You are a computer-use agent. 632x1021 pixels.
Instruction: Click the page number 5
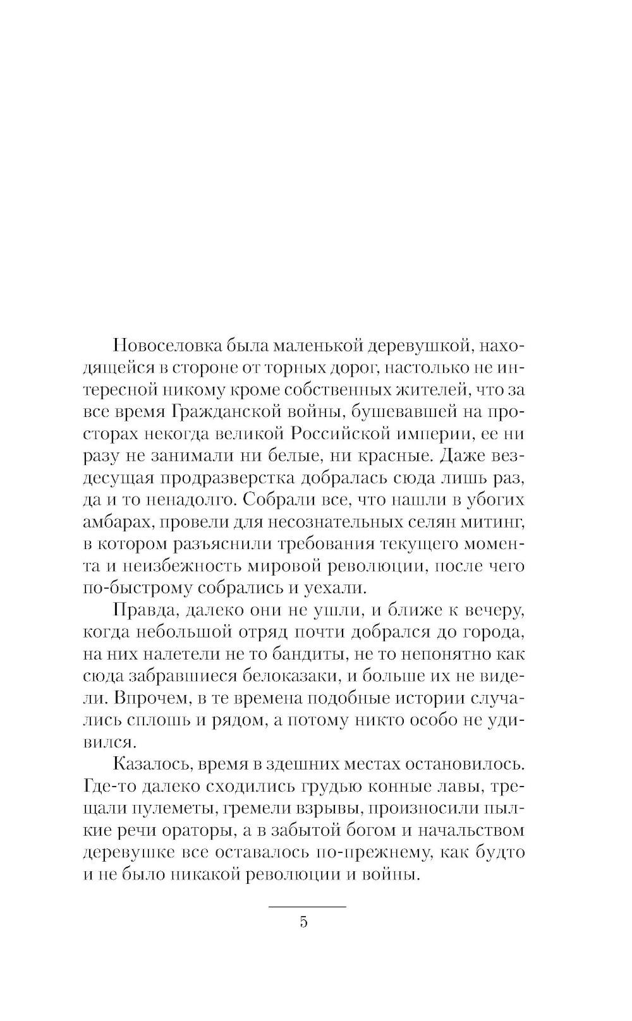[303, 922]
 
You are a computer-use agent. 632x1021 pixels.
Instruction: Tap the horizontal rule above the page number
[308, 907]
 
